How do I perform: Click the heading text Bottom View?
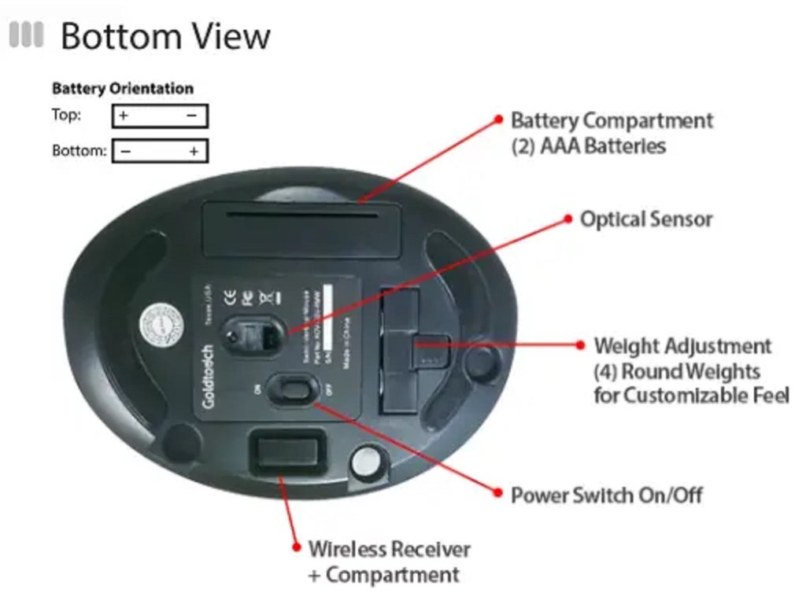click(165, 36)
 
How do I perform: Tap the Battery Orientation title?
click(122, 89)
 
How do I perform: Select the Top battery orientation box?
click(160, 116)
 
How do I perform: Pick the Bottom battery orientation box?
click(160, 150)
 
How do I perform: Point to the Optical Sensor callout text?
click(645, 219)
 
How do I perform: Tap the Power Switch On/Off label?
click(606, 495)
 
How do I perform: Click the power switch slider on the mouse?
click(289, 389)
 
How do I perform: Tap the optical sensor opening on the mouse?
click(250, 337)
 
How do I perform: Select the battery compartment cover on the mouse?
click(301, 229)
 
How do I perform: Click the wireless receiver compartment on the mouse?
click(284, 454)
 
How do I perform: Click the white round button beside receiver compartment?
click(364, 462)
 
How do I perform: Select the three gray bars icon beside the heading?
click(26, 35)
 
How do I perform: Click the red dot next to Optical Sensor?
click(568, 219)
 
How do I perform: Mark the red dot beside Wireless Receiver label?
click(296, 547)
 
